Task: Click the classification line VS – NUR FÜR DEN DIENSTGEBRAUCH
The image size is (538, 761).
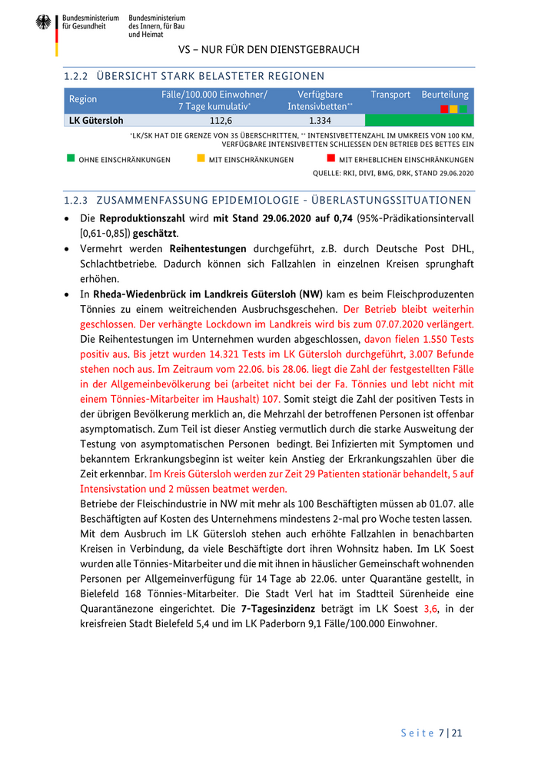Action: (269, 50)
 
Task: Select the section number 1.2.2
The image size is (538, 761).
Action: (77, 76)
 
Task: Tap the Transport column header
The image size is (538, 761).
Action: (390, 95)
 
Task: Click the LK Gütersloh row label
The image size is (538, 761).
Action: (96, 121)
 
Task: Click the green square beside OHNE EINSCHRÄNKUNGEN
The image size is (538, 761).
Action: (71, 158)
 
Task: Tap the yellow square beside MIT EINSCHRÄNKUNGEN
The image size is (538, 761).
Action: (201, 158)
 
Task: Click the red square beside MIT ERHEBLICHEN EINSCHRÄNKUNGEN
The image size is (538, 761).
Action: (331, 158)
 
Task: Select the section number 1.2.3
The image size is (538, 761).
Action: (77, 201)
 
